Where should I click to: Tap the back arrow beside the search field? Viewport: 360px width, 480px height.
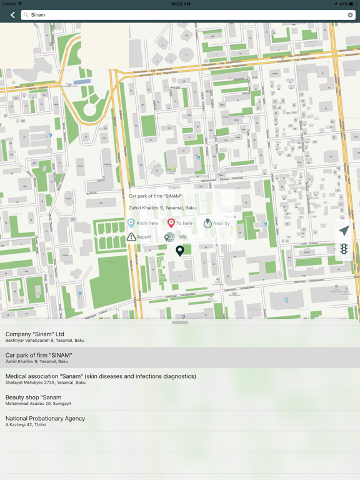[x=12, y=15]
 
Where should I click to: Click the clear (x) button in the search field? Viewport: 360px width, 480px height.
[x=351, y=15]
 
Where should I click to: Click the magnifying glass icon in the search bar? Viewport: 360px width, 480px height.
[x=26, y=15]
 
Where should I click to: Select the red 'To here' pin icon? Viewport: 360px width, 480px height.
[x=171, y=223]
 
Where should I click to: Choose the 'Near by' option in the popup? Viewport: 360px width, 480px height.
[x=208, y=223]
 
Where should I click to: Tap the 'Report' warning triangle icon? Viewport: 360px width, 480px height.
[x=131, y=237]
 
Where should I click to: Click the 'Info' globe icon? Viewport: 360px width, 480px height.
[x=169, y=237]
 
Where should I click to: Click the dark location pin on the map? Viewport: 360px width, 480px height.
[x=180, y=251]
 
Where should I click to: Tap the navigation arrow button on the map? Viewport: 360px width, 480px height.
[x=344, y=231]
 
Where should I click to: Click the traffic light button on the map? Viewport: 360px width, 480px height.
[x=344, y=249]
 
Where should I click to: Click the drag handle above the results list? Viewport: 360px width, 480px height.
[x=180, y=322]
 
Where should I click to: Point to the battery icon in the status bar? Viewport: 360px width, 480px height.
[x=353, y=4]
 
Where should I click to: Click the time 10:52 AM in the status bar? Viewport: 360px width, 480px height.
[x=180, y=4]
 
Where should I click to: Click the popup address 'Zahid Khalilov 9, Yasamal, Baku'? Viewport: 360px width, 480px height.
[x=162, y=207]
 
